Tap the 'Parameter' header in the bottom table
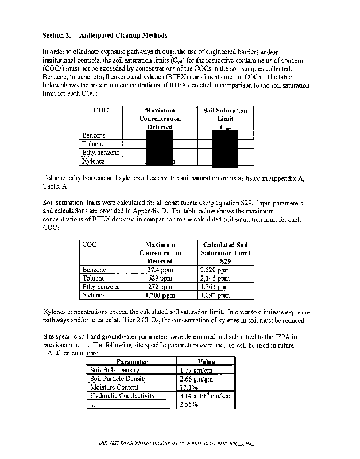coord(132,362)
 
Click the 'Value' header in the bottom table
coord(206,362)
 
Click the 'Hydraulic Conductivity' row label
coord(122,395)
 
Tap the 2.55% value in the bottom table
coord(189,404)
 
